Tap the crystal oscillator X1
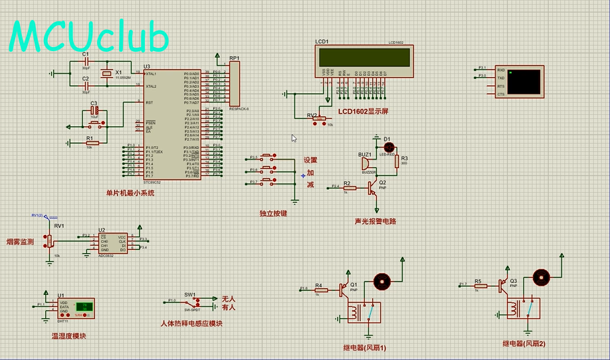105,73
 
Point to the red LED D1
389,147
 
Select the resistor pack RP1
234,84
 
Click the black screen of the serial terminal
524,81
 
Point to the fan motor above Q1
381,281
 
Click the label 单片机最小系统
130,193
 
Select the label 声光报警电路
375,221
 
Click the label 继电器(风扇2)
524,343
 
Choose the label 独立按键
273,214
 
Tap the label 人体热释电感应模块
191,324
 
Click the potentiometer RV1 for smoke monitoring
49,240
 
